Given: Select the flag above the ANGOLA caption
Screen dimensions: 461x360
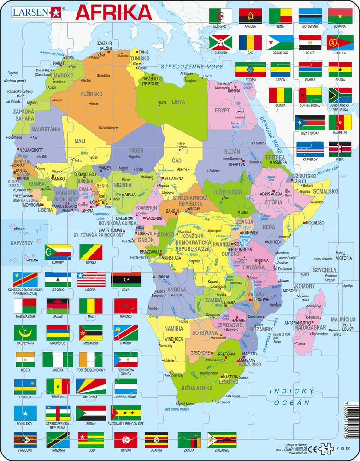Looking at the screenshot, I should pos(250,16).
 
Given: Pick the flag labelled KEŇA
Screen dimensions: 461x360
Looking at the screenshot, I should pos(340,149).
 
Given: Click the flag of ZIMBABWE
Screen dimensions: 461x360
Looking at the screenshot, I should pos(219,440).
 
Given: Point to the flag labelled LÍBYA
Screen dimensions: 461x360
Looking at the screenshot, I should pos(126,279).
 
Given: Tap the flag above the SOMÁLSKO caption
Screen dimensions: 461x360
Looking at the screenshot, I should pos(25,413).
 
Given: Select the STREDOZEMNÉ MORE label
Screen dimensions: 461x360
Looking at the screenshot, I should pos(191,67).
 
